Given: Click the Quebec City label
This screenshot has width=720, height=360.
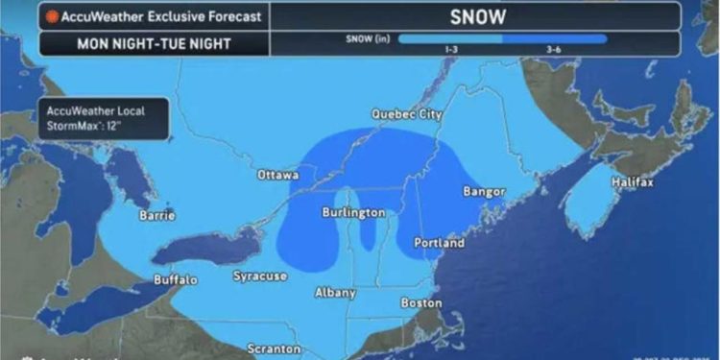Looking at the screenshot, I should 407,114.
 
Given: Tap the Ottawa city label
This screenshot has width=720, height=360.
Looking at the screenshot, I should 278,176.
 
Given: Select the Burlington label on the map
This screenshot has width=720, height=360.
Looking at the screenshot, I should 352,212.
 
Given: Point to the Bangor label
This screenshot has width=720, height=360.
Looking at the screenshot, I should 484,192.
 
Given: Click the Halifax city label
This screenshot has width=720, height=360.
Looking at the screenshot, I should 633,182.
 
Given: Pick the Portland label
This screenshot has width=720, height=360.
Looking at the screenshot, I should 440,244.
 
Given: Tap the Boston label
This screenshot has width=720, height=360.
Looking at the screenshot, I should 421,302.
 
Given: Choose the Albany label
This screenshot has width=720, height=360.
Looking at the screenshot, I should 335,293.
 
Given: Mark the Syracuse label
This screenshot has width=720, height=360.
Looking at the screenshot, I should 260,276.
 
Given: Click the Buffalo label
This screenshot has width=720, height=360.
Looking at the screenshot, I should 176,280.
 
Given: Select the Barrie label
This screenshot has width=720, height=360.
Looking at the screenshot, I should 156,216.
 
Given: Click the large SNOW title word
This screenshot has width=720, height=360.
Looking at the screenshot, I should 476,15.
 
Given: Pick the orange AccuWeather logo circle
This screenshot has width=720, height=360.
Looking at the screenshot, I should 49,16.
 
